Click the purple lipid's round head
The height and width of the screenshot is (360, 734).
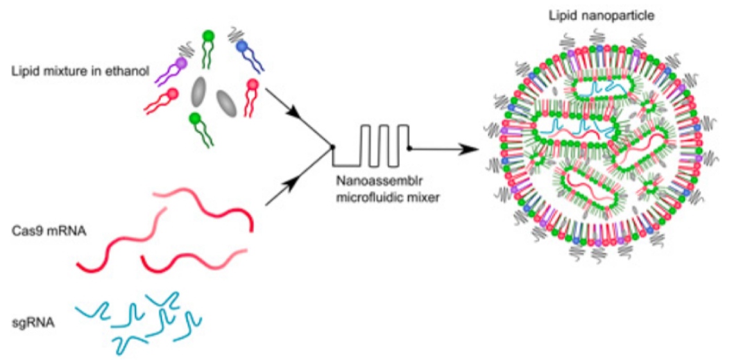click(182, 62)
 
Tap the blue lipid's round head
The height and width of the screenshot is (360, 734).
click(241, 46)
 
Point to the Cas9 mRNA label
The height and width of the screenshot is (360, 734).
click(42, 231)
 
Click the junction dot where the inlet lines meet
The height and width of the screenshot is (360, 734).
click(332, 147)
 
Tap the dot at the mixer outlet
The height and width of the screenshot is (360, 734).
click(409, 149)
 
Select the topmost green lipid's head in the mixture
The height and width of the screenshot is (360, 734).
click(209, 36)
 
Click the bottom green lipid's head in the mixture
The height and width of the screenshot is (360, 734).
click(196, 119)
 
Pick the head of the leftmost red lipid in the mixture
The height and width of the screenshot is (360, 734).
click(173, 94)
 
